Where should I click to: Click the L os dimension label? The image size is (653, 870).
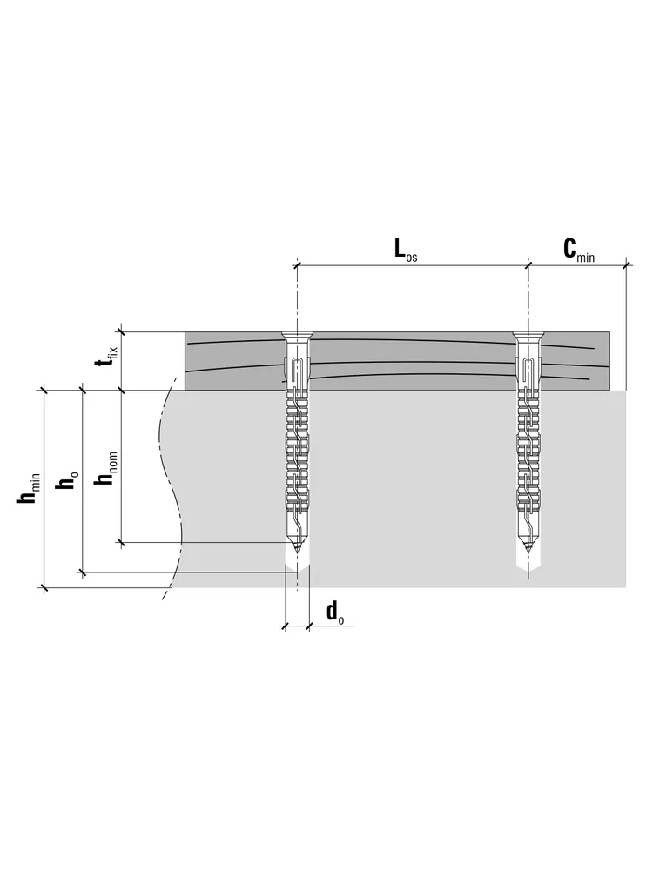click(406, 250)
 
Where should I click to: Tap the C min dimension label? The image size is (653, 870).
click(579, 250)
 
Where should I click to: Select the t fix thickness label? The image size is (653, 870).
click(106, 358)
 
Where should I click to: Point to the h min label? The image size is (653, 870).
click(29, 489)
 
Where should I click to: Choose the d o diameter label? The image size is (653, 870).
click(335, 613)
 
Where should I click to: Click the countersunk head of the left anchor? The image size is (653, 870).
click(298, 337)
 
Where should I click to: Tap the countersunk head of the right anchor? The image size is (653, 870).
click(528, 337)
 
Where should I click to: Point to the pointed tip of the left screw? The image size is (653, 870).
click(298, 552)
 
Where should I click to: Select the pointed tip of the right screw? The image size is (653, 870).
click(528, 552)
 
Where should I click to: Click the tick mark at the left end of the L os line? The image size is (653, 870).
click(298, 265)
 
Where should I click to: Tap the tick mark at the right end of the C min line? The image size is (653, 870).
click(627, 265)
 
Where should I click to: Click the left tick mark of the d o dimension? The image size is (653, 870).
click(286, 626)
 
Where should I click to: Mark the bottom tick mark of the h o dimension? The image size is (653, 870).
click(84, 572)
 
